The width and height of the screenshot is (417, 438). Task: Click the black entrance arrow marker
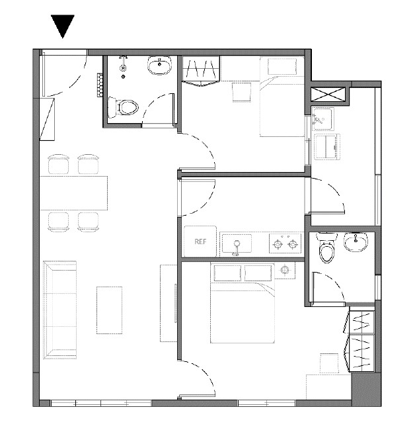(x=63, y=26)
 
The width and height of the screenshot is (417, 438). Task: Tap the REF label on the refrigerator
(x=200, y=241)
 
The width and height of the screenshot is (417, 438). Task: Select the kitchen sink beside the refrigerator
(x=236, y=244)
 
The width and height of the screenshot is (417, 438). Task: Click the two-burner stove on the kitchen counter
(x=285, y=243)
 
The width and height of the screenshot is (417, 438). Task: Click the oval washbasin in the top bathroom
(x=159, y=65)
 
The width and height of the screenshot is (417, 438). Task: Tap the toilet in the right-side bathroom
(x=326, y=248)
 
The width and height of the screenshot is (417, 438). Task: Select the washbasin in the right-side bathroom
(x=356, y=241)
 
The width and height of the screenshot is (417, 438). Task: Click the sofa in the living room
(x=59, y=310)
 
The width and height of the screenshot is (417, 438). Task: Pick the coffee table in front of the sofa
(x=109, y=310)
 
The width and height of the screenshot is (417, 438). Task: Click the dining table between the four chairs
(x=73, y=193)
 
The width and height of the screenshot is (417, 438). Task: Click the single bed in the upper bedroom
(x=282, y=97)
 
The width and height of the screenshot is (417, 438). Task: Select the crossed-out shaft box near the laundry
(x=328, y=94)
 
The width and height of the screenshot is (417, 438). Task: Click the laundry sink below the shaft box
(x=322, y=119)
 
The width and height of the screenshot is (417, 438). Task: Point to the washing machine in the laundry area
(x=327, y=147)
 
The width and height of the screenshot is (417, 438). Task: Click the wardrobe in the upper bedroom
(x=200, y=71)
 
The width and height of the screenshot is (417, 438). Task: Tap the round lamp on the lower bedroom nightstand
(x=285, y=270)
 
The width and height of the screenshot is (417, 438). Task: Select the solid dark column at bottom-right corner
(x=366, y=390)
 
